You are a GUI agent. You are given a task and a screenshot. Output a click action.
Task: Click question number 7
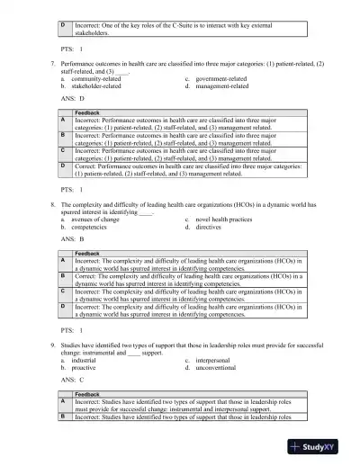(53, 67)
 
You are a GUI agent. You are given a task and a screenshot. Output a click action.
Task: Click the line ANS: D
(72, 99)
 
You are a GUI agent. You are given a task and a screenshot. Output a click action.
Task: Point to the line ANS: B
(72, 240)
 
